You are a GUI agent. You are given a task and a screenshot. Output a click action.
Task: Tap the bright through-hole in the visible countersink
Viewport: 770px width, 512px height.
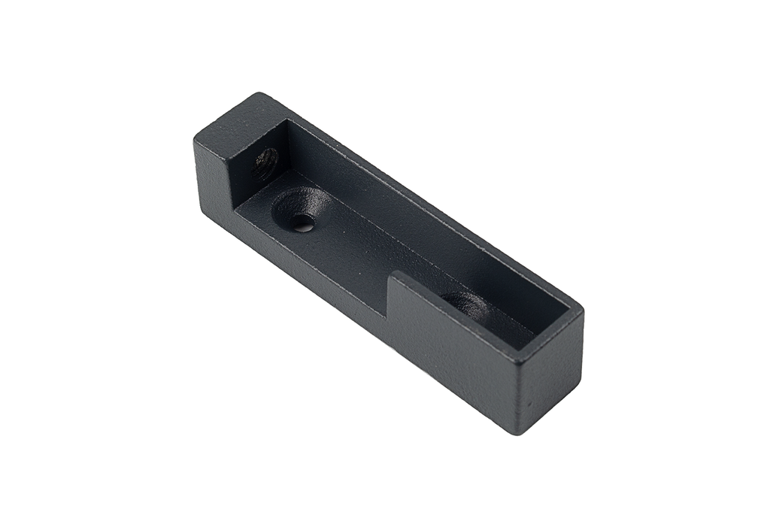(x=302, y=223)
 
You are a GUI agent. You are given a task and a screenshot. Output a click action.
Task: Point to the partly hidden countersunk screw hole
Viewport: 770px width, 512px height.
(x=465, y=303)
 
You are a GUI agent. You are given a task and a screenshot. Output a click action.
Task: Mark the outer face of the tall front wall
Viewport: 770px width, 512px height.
(x=451, y=342)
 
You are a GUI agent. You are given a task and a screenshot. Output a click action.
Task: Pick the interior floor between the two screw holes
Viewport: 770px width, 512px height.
(x=376, y=256)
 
